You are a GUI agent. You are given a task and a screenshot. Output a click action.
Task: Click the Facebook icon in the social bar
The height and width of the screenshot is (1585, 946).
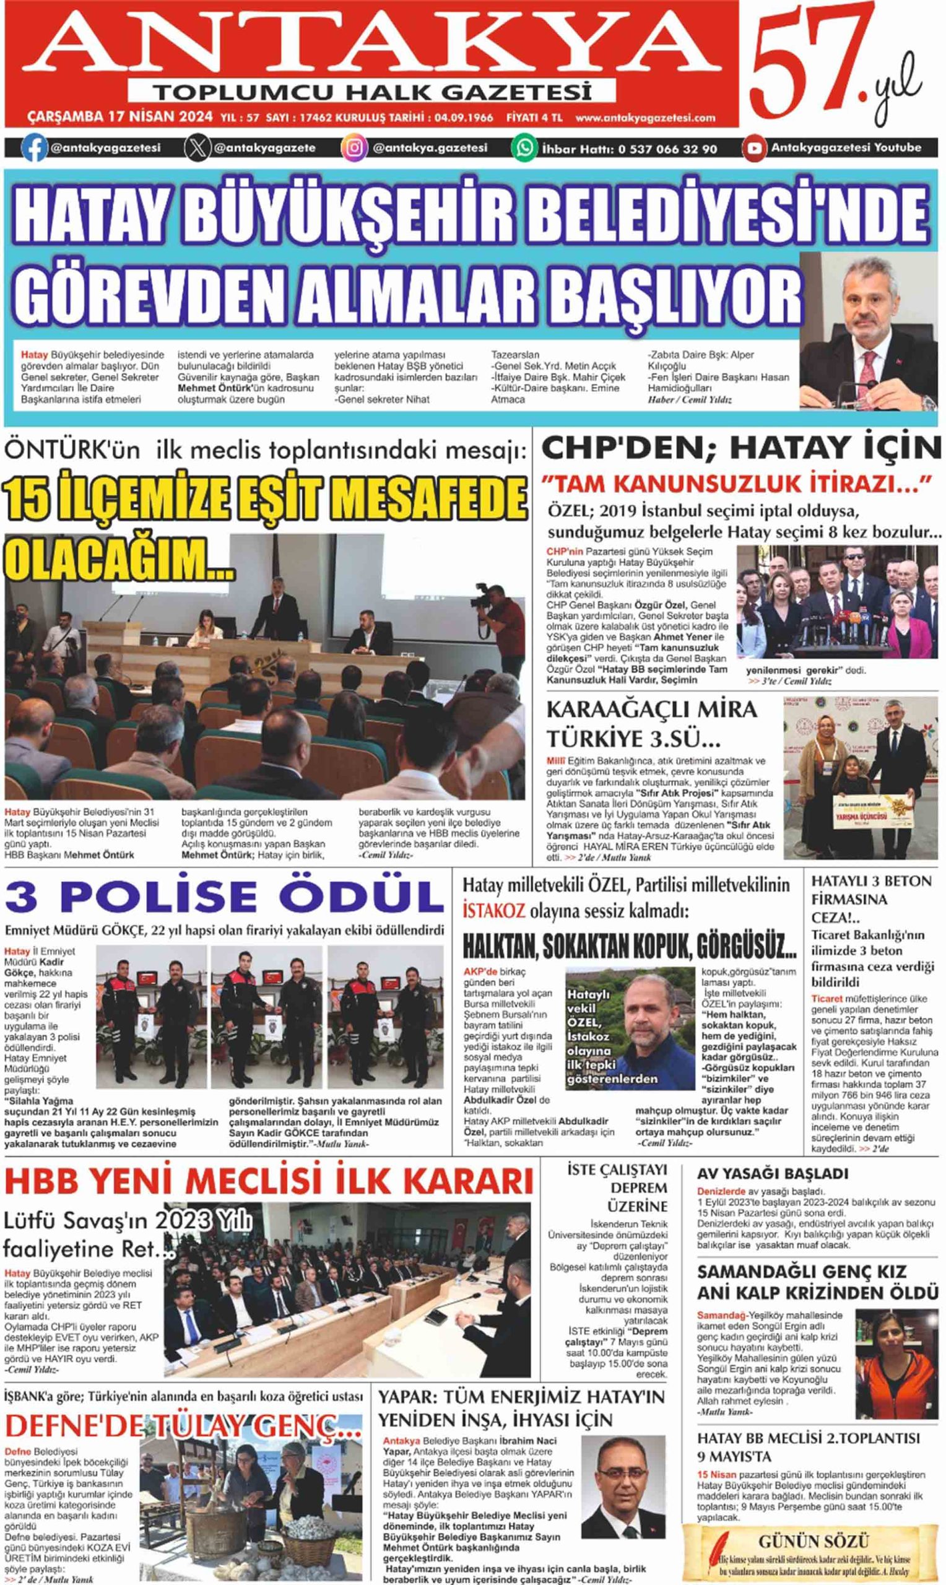(x=34, y=149)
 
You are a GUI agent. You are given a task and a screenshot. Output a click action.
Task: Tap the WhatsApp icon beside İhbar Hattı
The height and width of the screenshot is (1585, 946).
(x=524, y=149)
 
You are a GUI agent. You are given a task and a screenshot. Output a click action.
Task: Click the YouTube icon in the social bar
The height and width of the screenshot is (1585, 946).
(x=754, y=149)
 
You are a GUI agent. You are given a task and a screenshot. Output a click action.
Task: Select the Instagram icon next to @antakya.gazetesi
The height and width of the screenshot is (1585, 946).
(x=354, y=149)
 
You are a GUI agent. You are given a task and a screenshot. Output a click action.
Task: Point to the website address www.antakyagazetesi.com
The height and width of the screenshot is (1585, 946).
(x=644, y=118)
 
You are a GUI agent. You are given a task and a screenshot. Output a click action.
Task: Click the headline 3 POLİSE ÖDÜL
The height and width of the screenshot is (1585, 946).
(x=223, y=897)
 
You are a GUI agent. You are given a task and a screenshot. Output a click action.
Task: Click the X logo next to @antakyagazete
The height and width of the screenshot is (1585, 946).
(x=198, y=149)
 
